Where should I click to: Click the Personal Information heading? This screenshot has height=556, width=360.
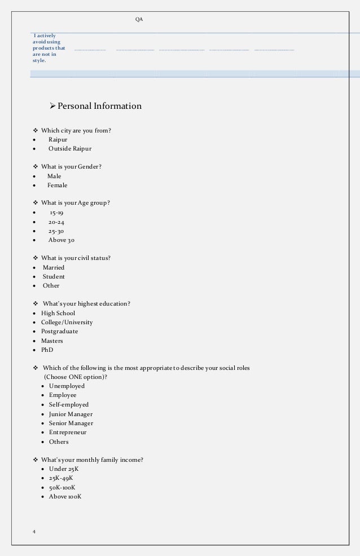(99, 106)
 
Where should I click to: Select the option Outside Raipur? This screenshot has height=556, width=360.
(69, 149)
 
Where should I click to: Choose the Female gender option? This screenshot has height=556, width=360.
(57, 186)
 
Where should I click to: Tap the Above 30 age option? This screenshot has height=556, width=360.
(61, 240)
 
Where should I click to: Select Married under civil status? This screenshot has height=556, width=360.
(54, 268)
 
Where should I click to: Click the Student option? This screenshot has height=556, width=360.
(54, 277)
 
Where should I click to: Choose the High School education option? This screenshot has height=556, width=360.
(58, 314)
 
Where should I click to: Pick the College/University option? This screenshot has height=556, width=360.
(67, 323)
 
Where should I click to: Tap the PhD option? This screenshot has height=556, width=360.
(47, 350)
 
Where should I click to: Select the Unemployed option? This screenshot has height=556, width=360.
(67, 386)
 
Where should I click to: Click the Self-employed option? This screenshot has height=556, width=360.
(68, 405)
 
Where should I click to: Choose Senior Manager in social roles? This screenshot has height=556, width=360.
(71, 423)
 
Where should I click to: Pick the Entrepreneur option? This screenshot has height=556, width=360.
(68, 433)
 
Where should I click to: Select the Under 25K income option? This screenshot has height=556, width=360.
(63, 469)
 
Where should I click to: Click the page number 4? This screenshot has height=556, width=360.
(34, 532)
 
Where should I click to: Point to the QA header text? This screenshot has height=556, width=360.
(139, 20)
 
